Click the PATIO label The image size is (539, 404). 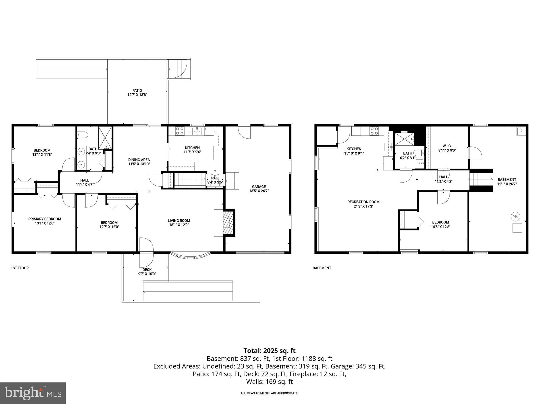tap(137, 90)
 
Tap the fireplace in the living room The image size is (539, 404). tap(228, 223)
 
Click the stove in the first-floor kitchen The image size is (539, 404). tap(180, 131)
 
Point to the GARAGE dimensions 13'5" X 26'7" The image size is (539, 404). tap(259, 191)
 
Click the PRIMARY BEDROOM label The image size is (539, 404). tap(44, 219)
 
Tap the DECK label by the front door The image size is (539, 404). tap(147, 270)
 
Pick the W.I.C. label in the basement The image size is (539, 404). tap(447, 146)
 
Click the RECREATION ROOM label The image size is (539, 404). tap(363, 202)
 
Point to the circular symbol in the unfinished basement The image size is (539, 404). tap(515, 216)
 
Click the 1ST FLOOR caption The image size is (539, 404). tap(19, 268)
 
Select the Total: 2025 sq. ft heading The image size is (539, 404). tap(269, 351)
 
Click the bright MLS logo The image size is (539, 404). tap(33, 393)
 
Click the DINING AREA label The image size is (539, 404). tap(139, 160)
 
